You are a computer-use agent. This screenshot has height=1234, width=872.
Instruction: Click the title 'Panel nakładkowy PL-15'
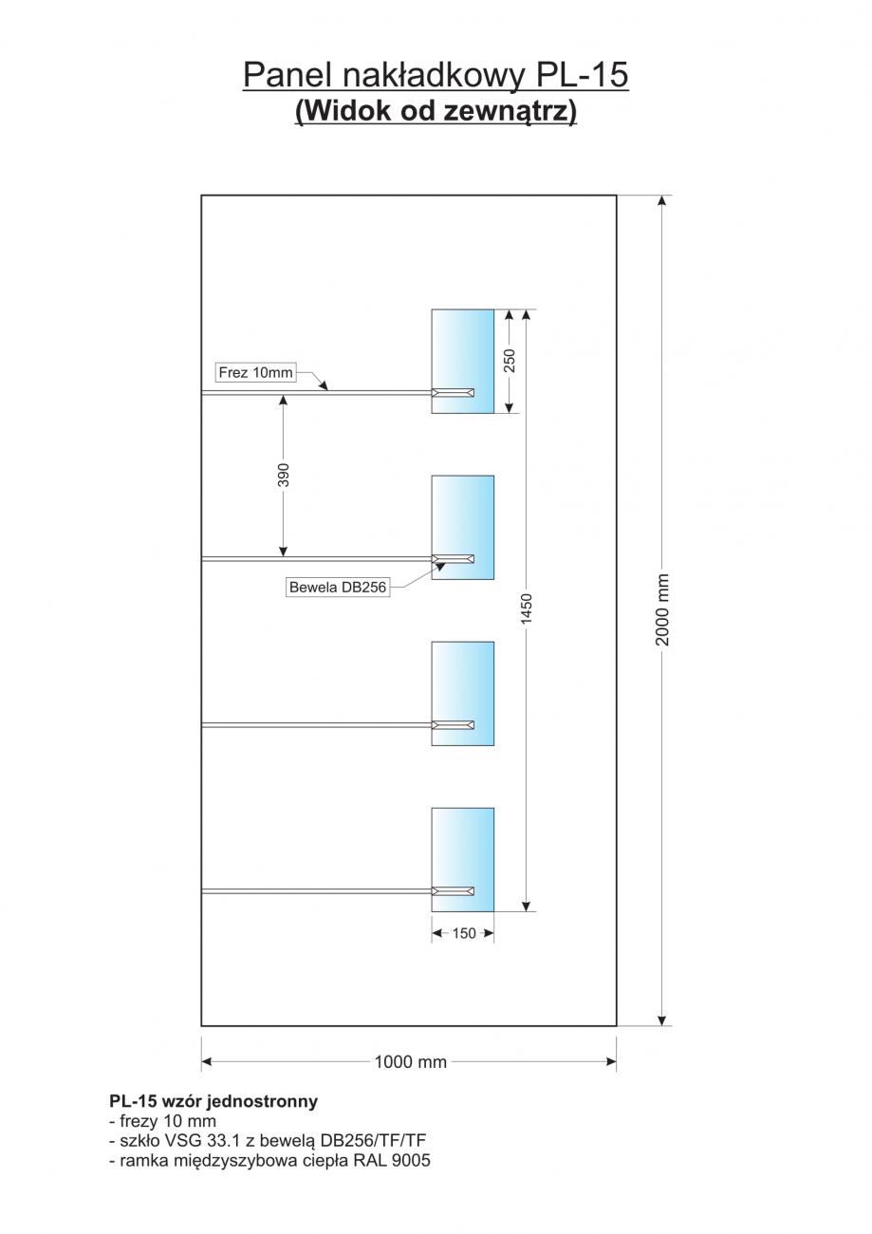pos(436,75)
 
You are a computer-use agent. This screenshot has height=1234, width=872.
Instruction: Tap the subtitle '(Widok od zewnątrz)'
pos(436,111)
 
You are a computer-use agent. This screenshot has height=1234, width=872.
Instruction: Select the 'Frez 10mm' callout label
pos(255,372)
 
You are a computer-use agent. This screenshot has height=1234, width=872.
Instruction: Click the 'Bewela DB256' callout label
pos(338,588)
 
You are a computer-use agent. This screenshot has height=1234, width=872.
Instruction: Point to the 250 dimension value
pos(510,361)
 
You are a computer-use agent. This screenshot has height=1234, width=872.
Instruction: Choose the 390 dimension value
pos(283,475)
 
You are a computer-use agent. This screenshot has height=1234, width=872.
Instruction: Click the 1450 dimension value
pos(527,608)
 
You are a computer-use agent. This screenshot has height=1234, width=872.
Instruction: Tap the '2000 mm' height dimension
pos(662,609)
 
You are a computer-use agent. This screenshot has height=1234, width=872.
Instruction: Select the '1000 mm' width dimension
pos(410,1061)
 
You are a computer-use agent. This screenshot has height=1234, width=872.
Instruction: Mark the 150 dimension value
pos(464,933)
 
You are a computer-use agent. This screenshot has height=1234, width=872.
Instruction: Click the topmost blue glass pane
pos(462,361)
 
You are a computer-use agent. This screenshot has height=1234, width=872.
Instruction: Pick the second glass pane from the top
pos(462,527)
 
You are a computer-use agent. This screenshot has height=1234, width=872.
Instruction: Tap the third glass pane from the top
pos(462,694)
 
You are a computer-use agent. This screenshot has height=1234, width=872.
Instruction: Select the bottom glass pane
pos(462,860)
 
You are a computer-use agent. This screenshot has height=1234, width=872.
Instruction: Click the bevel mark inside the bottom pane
pos(453,891)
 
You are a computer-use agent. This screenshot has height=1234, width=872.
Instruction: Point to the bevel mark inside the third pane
pos(453,725)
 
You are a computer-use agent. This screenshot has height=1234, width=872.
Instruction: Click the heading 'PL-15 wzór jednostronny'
pos(213,1101)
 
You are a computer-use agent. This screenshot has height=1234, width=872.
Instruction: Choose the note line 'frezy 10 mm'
pos(162,1121)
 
